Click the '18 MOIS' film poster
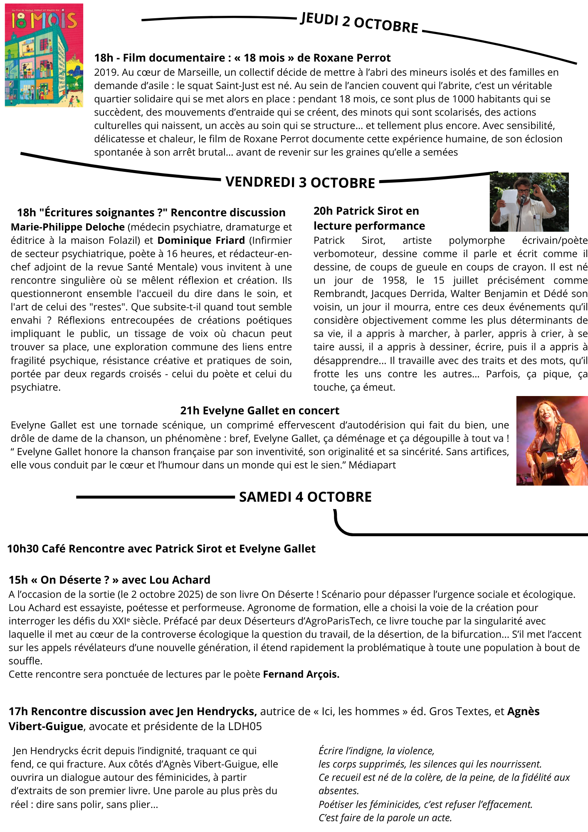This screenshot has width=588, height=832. (44, 55)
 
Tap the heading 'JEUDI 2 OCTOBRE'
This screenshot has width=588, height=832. (359, 23)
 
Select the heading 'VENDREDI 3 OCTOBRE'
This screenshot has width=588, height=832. (300, 183)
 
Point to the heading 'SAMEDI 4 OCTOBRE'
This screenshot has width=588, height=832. (305, 497)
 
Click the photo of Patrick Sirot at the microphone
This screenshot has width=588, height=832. (529, 202)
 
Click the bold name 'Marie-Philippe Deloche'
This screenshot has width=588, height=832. (68, 227)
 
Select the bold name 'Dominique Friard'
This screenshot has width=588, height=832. (201, 240)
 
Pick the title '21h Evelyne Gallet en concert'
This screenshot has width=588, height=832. (259, 411)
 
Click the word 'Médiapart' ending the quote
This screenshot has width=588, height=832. (372, 465)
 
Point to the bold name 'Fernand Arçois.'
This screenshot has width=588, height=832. (301, 674)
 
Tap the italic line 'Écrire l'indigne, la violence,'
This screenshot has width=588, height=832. (376, 751)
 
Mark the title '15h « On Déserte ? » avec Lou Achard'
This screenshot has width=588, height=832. (109, 580)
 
